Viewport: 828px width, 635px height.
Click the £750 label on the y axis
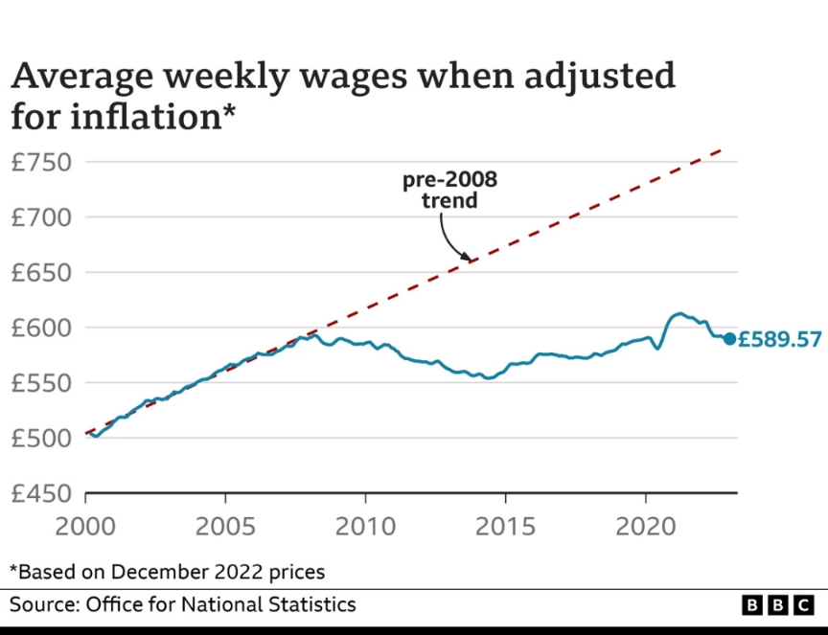pos(41,162)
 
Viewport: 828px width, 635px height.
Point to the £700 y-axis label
pos(41,217)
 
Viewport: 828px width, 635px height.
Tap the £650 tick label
pos(41,273)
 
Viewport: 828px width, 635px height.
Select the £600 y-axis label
pos(41,328)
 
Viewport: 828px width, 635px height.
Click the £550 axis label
pos(41,383)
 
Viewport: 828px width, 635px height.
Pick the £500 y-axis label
pos(41,439)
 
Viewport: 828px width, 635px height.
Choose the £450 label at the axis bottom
pos(41,494)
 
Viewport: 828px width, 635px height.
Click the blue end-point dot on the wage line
pos(729,338)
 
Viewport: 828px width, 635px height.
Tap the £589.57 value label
pos(779,339)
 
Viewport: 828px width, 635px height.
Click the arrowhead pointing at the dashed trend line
pos(468,257)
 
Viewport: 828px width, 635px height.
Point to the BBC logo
pos(777,606)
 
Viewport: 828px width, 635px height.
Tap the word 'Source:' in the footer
pos(43,604)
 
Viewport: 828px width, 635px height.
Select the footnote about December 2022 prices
pos(168,572)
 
